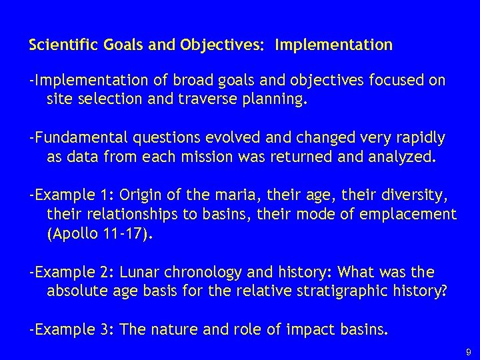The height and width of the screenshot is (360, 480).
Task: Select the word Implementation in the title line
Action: [x=333, y=45]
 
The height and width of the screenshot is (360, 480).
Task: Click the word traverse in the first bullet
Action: [x=213, y=101]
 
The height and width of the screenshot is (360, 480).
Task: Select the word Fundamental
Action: [x=79, y=138]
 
